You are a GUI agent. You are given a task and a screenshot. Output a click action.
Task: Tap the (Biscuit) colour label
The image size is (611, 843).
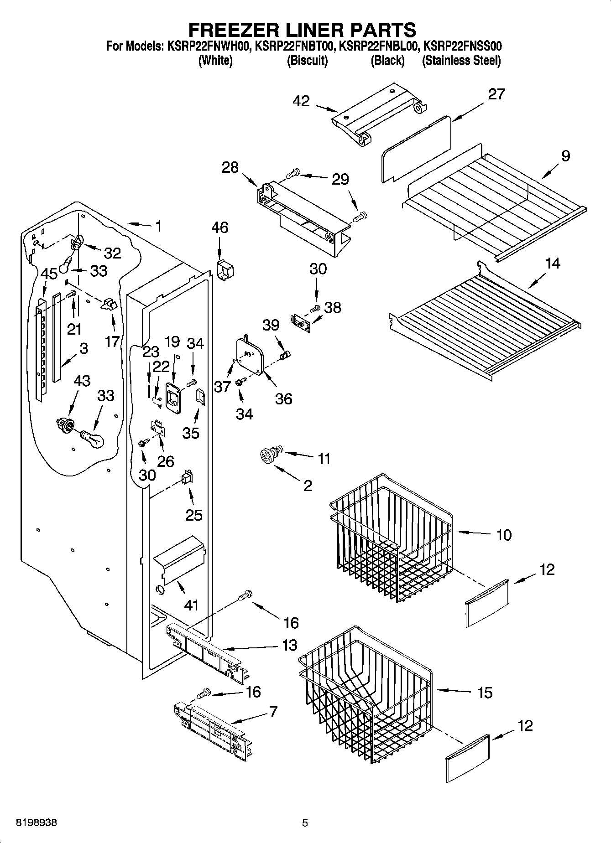(307, 61)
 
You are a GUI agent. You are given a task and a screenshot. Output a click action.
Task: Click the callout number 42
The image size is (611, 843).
(302, 101)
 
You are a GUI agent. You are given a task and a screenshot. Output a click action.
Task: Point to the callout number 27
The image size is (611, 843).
(496, 94)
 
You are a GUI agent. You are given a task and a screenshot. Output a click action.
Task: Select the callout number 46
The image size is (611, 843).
(220, 228)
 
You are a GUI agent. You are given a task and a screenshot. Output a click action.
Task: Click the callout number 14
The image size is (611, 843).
(553, 263)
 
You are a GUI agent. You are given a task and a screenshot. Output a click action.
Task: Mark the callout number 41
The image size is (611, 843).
(191, 605)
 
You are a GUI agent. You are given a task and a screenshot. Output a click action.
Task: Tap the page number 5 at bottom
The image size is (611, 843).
(305, 823)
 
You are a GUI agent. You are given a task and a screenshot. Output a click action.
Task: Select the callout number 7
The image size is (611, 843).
(273, 712)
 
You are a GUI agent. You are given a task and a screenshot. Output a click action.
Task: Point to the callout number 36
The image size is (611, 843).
(283, 399)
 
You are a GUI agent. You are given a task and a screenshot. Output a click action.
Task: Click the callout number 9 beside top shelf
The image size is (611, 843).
(565, 156)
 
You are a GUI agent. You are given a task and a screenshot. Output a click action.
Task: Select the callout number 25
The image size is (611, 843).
(194, 515)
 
